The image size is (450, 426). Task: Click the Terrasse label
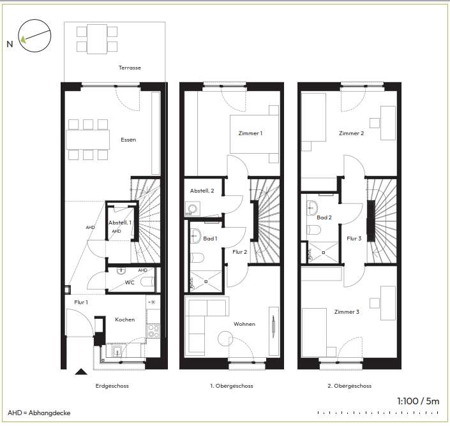(130, 68)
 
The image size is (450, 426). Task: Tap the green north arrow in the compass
(23, 39)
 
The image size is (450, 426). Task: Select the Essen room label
(128, 140)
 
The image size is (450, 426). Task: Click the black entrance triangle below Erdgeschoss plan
(81, 372)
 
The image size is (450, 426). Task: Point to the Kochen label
(125, 319)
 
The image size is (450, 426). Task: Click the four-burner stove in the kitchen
(153, 331)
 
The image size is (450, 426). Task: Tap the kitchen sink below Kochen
(117, 351)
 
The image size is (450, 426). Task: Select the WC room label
(130, 283)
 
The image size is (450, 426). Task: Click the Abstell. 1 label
(119, 223)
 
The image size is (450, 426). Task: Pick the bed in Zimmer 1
(254, 134)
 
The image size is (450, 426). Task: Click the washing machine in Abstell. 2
(193, 208)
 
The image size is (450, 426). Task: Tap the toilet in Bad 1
(197, 258)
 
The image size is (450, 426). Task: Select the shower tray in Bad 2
(323, 253)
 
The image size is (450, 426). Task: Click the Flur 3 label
(354, 239)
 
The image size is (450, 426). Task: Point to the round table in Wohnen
(225, 339)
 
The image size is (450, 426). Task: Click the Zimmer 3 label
(347, 312)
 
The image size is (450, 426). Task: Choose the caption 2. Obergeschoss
(349, 386)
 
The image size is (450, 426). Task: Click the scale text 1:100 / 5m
(418, 401)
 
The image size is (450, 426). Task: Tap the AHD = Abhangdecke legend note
(39, 413)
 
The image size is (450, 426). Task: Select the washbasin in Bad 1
(195, 236)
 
